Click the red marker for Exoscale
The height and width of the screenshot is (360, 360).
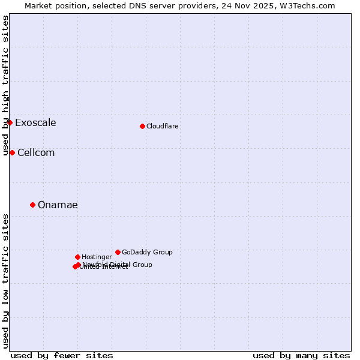coord(10,122)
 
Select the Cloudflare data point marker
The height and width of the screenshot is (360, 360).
coord(142,126)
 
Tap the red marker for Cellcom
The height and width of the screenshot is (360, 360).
coord(12,152)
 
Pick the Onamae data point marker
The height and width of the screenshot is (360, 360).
coord(32,205)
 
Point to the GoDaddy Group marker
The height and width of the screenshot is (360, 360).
coord(118,252)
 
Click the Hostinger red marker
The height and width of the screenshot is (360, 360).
coord(77,257)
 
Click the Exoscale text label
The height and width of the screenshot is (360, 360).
coord(35,123)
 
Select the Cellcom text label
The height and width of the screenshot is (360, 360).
coord(36,153)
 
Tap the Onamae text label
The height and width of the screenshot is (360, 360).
coord(58,205)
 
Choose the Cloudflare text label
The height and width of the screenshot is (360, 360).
coord(163,127)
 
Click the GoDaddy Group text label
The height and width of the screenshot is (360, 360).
coord(147,253)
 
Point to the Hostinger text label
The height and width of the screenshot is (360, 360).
coord(97,257)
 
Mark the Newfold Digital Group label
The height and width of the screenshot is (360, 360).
coord(117,265)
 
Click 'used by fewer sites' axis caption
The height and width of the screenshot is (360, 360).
coord(62,355)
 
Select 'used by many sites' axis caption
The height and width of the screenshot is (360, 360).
coord(301,355)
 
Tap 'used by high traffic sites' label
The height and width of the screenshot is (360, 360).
coord(6,85)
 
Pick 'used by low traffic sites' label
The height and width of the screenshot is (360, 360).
coord(6,280)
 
